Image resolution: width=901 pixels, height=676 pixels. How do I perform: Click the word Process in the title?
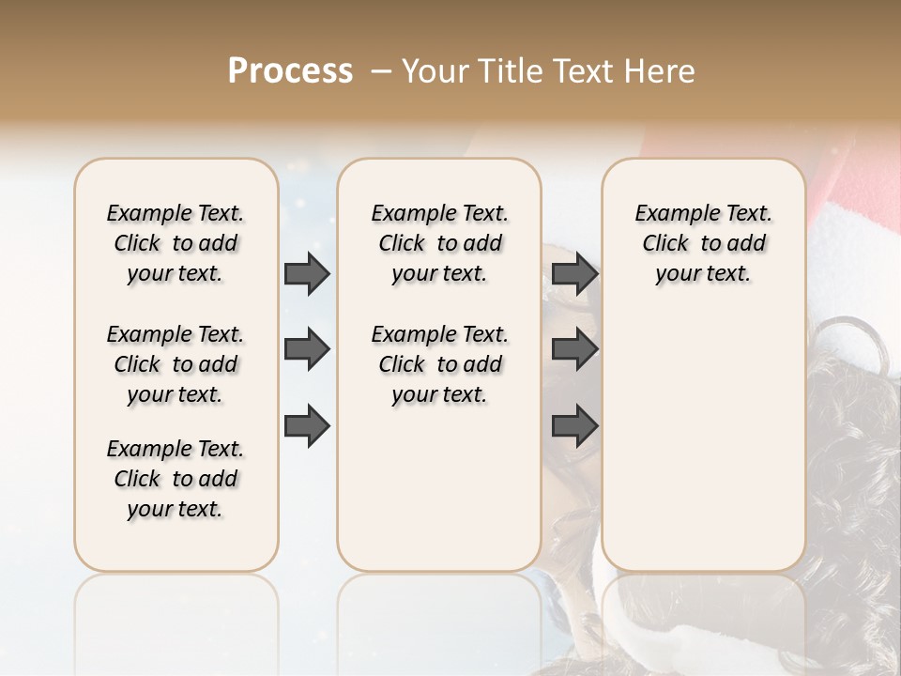click(x=290, y=70)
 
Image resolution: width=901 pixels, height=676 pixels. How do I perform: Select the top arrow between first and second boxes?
click(x=307, y=273)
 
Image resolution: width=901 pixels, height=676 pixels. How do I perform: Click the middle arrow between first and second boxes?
click(x=307, y=349)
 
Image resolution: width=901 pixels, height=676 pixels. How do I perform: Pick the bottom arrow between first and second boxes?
click(x=307, y=425)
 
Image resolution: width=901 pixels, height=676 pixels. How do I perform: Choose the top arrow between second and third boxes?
click(x=574, y=273)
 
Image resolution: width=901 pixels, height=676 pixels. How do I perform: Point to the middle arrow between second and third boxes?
click(x=574, y=349)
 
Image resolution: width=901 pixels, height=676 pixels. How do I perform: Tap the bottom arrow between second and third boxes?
click(x=574, y=425)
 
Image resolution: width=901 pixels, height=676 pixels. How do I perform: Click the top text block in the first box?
click(x=176, y=243)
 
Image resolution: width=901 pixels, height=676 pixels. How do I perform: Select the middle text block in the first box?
click(x=176, y=364)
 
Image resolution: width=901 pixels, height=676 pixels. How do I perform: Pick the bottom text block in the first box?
click(x=176, y=479)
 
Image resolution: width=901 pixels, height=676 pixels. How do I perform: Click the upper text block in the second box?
click(x=439, y=243)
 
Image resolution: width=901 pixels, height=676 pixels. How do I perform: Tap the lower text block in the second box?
click(x=439, y=364)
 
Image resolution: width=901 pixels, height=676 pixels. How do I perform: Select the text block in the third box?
click(x=704, y=243)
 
